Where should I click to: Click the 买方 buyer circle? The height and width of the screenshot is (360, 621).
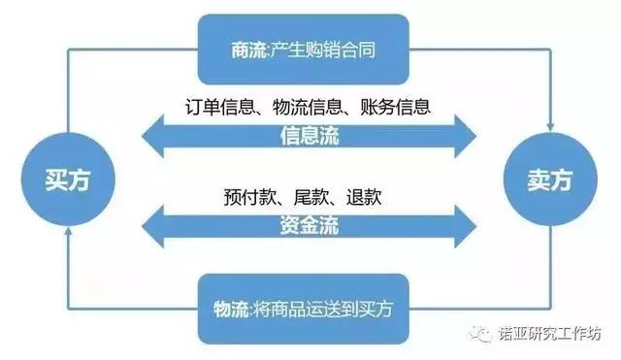pyautogui.click(x=68, y=180)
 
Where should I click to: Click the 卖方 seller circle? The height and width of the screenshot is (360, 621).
pyautogui.click(x=550, y=180)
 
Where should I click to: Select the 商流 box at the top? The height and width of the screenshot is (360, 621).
pyautogui.click(x=304, y=49)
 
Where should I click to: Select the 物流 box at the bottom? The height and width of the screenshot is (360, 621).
pyautogui.click(x=304, y=309)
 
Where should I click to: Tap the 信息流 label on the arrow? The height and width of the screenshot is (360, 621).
pyautogui.click(x=310, y=136)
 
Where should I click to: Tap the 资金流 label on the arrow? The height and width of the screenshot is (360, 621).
pyautogui.click(x=310, y=226)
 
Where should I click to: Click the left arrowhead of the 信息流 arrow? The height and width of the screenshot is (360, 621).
pyautogui.click(x=153, y=136)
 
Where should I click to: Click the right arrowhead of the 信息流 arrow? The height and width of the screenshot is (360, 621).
pyautogui.click(x=465, y=136)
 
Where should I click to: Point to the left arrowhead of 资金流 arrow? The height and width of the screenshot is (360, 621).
pyautogui.click(x=153, y=226)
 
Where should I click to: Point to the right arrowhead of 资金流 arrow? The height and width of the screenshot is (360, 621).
pyautogui.click(x=465, y=226)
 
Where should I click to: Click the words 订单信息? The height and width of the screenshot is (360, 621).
pyautogui.click(x=219, y=107)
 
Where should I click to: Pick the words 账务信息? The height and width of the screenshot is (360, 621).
pyautogui.click(x=395, y=107)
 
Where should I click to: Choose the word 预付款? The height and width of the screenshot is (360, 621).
pyautogui.click(x=249, y=197)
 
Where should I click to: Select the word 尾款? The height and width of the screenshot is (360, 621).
pyautogui.click(x=310, y=197)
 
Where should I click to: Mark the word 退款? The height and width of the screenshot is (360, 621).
pyautogui.click(x=364, y=197)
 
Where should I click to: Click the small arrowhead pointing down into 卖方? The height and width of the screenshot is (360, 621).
pyautogui.click(x=550, y=127)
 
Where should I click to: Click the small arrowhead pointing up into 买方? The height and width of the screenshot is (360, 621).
pyautogui.click(x=68, y=232)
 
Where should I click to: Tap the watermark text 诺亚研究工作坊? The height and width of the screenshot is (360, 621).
pyautogui.click(x=550, y=334)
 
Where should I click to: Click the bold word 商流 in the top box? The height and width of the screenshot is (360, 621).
pyautogui.click(x=248, y=50)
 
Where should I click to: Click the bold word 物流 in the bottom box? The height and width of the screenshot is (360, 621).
pyautogui.click(x=231, y=309)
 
